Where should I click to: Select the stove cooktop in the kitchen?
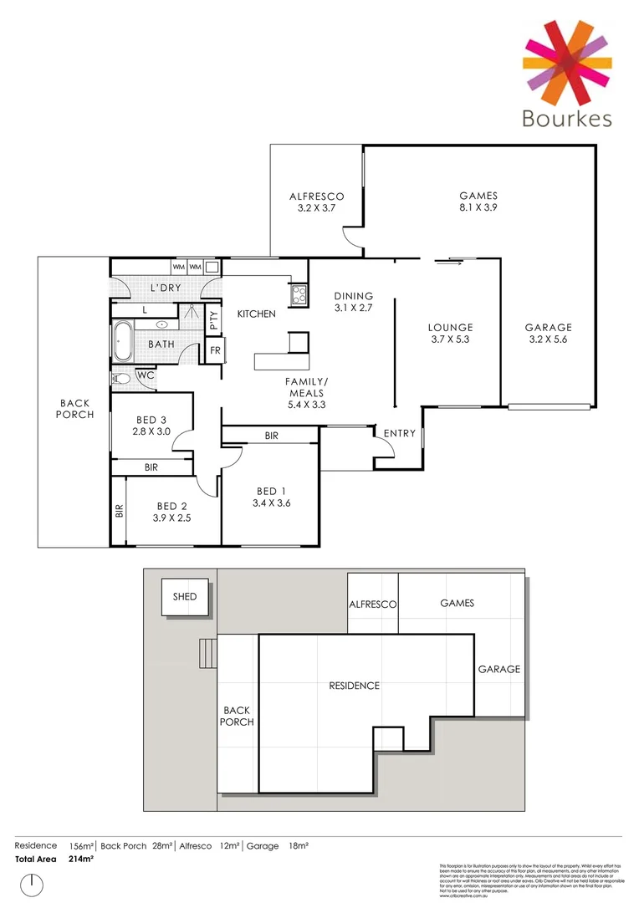coord(298,294)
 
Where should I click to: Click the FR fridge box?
coord(215,350)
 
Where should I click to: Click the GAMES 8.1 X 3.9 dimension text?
coord(478,208)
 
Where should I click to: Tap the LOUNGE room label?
coord(451,327)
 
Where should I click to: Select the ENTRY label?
coord(398,433)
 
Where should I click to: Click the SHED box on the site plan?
coord(185,597)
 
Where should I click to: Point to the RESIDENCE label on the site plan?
coord(354,686)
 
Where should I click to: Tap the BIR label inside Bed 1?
coord(271,436)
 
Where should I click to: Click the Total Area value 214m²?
coord(81,859)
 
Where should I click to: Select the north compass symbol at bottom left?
coord(32,883)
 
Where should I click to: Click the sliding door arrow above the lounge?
coord(447,263)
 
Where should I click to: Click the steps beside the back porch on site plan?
coord(207,652)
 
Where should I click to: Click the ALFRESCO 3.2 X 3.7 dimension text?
coord(316,208)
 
